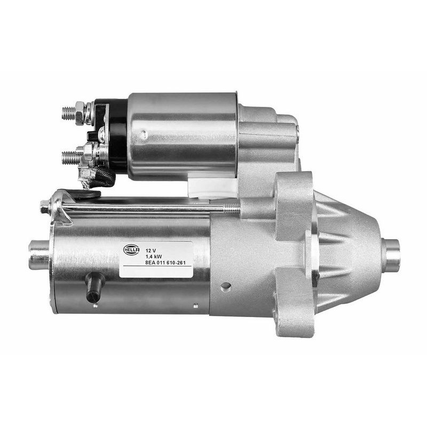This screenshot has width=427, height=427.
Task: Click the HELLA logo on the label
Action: pyautogui.click(x=131, y=249)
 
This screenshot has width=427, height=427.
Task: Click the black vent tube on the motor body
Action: pyautogui.click(x=94, y=287)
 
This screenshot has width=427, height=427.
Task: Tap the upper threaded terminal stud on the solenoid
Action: pyautogui.click(x=68, y=113)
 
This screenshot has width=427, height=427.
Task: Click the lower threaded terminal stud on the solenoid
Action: pyautogui.click(x=69, y=157)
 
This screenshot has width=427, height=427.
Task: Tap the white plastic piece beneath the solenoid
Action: pyautogui.click(x=213, y=187)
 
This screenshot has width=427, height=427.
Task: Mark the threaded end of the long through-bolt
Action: pyautogui.click(x=231, y=209)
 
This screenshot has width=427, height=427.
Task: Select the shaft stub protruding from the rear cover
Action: pyautogui.click(x=38, y=255)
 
